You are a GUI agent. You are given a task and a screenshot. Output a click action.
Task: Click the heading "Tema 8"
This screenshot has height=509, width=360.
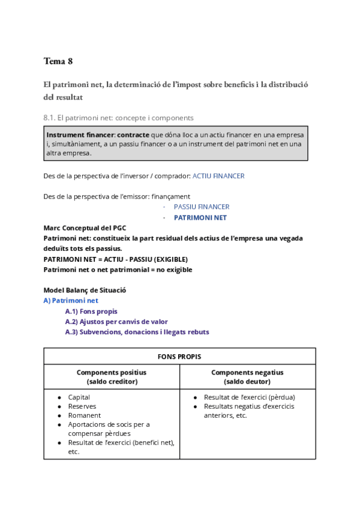58,61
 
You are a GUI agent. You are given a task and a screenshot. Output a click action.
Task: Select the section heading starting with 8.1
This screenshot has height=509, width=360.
118,118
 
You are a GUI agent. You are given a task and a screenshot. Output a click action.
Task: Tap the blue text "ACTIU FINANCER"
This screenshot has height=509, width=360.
218,176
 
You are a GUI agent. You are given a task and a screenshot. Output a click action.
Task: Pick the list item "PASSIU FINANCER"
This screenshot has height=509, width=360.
202,206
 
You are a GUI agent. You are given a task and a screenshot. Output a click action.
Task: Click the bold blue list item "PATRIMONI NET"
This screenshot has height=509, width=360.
200,217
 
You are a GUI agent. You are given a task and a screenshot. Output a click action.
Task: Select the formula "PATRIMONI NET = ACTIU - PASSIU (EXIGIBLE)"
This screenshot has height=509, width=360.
116,259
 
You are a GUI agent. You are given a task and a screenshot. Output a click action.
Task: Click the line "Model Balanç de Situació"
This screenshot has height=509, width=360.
85,290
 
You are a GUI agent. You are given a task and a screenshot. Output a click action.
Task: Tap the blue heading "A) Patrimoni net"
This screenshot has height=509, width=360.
71,300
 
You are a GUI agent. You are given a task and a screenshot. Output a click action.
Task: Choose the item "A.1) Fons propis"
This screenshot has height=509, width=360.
91,312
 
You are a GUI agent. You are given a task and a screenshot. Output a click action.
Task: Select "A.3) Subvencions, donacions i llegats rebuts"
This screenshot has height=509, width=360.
137,332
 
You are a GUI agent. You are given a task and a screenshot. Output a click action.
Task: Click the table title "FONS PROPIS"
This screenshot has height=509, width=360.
179,357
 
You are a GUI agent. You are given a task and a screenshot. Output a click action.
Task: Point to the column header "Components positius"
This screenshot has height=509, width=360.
112,372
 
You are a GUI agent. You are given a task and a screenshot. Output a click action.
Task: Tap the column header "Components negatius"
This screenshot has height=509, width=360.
247,372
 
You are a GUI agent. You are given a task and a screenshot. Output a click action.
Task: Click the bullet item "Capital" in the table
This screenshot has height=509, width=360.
79,397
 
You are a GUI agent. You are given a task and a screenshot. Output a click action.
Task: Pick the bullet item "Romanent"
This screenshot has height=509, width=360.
85,415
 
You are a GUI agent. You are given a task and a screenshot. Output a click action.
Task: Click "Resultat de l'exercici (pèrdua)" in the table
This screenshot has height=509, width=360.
249,397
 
